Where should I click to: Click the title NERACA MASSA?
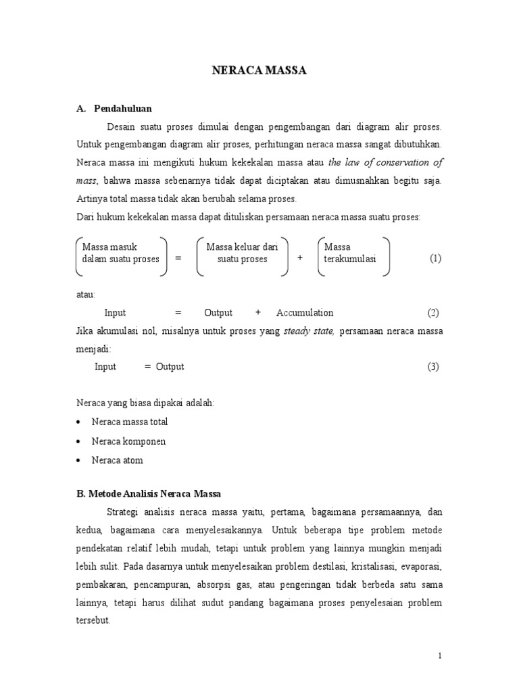click(x=259, y=70)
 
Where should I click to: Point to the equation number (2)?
click(x=433, y=312)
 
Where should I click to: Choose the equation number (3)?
click(x=433, y=366)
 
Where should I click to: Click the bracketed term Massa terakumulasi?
click(x=350, y=253)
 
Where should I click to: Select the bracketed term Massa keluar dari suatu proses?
click(x=242, y=253)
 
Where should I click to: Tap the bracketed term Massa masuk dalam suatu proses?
click(x=120, y=253)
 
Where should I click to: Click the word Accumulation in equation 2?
click(x=305, y=312)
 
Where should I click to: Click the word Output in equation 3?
click(x=170, y=366)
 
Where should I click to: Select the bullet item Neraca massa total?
click(x=129, y=422)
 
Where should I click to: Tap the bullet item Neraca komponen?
click(x=128, y=441)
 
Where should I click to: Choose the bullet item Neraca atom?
click(x=117, y=460)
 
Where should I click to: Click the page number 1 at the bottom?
click(x=439, y=656)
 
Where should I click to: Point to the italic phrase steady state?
click(x=308, y=331)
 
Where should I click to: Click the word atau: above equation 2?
click(x=86, y=295)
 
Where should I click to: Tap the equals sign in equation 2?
click(x=178, y=312)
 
